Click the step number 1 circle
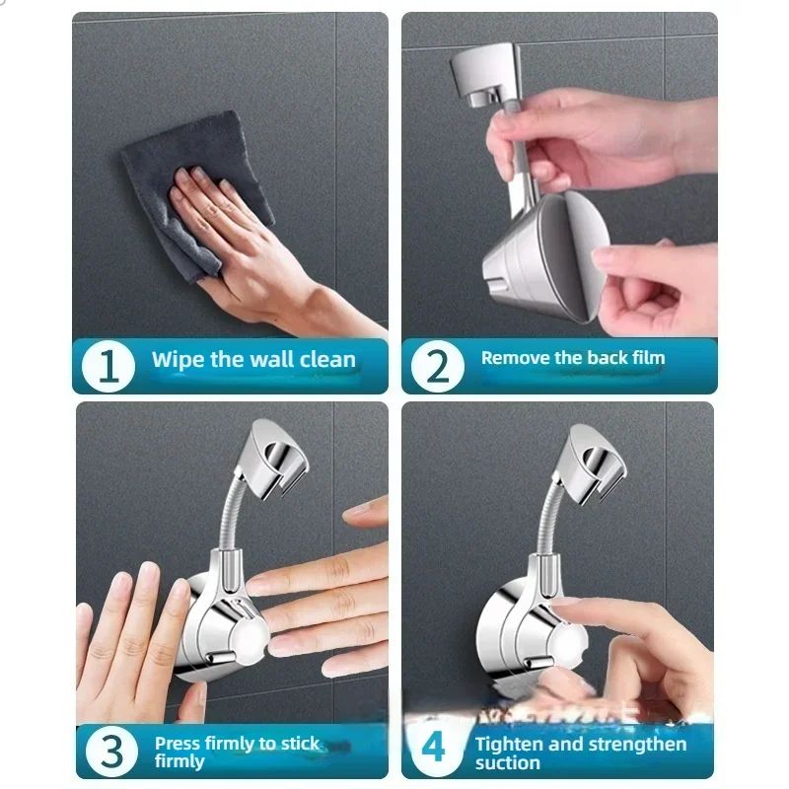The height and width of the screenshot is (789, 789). pos(109,366)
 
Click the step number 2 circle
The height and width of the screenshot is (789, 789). pos(437,366)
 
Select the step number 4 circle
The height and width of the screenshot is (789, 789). pos(435,750)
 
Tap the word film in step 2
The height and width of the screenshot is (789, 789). pos(645,358)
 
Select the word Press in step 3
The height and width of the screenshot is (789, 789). pos(178,743)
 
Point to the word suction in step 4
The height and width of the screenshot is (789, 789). pos(507,763)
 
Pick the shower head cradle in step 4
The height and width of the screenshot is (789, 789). pos(597,454)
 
